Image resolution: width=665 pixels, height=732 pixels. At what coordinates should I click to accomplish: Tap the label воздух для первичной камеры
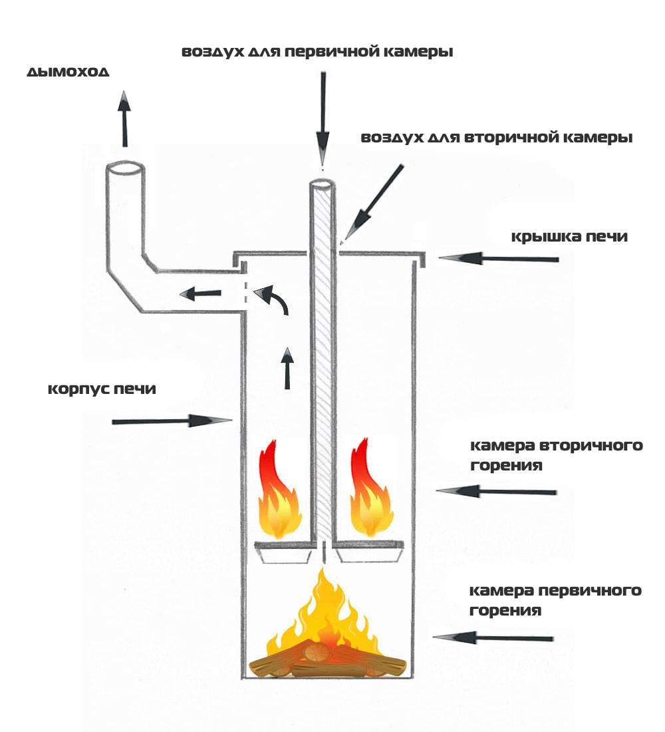pos(318,52)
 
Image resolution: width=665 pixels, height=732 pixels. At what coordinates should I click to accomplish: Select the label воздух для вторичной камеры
pos(496,138)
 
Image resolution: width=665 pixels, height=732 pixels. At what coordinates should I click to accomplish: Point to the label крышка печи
pos(569,236)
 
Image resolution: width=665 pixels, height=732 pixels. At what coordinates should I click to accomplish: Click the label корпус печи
pos(102,389)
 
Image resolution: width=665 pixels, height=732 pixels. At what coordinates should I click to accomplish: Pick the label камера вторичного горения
pos(556,455)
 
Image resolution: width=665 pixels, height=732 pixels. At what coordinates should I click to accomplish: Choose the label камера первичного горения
pos(555,600)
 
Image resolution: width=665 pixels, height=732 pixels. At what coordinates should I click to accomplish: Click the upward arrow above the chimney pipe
pos(124,118)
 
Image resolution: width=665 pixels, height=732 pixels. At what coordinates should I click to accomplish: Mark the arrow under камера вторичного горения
pos(495,492)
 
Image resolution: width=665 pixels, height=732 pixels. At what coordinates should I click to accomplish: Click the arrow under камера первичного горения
pos(493,638)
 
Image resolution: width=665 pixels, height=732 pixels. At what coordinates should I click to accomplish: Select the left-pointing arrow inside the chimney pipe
pos(203,293)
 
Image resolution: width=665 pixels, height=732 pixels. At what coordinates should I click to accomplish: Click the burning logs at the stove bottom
pos(326,662)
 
